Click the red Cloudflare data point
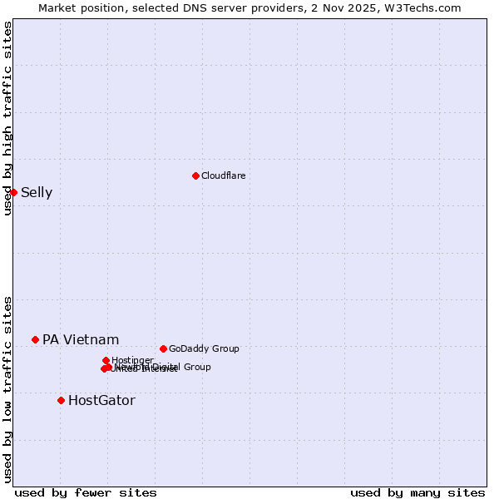click(195, 175)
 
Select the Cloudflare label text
click(223, 175)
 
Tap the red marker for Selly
click(13, 192)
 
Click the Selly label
click(37, 193)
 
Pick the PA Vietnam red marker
click(35, 339)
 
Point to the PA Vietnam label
click(81, 339)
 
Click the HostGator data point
click(61, 400)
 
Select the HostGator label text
click(101, 400)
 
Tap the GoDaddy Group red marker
click(163, 348)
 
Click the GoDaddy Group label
click(204, 348)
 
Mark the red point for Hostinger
click(106, 360)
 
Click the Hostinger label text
click(132, 360)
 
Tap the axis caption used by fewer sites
click(86, 492)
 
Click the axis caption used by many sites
click(417, 492)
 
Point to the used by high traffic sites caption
click(7, 118)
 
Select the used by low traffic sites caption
click(7, 388)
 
